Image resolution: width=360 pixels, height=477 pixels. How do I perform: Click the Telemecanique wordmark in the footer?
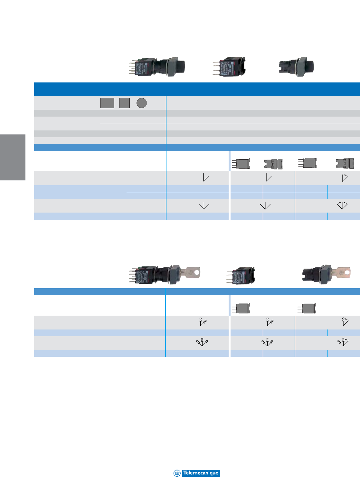201,473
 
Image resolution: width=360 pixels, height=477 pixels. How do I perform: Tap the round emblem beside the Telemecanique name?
177,473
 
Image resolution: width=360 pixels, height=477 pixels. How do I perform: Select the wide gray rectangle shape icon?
107,103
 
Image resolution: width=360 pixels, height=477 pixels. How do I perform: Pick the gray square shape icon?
125,103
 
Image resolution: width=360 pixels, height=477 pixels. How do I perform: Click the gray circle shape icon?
142,103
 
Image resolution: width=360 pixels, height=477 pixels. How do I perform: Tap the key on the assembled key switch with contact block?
190,272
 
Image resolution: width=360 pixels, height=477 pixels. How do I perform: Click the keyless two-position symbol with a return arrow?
345,178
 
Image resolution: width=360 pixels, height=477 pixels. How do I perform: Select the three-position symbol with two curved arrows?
342,205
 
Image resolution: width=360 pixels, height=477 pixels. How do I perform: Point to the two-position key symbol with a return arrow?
345,321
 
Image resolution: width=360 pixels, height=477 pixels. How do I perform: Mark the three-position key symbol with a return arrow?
343,342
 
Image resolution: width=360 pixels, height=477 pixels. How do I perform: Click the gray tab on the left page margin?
13,157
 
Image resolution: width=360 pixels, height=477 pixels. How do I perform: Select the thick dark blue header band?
197,89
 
